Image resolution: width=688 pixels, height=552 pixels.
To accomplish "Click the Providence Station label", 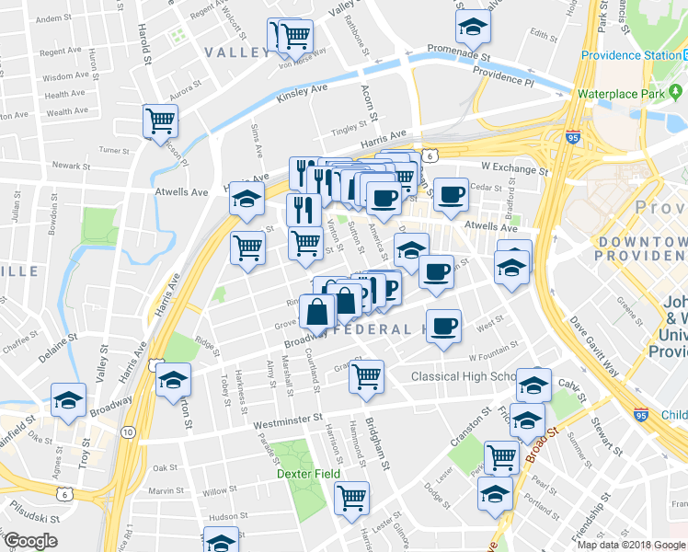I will pos(625,55).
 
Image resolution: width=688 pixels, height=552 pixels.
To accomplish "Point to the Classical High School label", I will pos(464,376).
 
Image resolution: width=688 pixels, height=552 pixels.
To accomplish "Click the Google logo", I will pos(29,541).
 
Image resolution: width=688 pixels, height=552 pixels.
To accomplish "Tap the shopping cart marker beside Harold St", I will pos(161,120).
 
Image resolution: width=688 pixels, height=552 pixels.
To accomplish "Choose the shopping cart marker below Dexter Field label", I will pos(351,498).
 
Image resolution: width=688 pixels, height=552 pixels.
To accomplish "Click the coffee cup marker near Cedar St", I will pos(451,195).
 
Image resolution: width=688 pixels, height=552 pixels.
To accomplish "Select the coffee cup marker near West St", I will pos(444,327).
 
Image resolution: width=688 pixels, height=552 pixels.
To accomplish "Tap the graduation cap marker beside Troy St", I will pos(68,400).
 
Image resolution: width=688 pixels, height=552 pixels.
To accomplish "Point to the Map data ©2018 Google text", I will pos(632,544).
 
